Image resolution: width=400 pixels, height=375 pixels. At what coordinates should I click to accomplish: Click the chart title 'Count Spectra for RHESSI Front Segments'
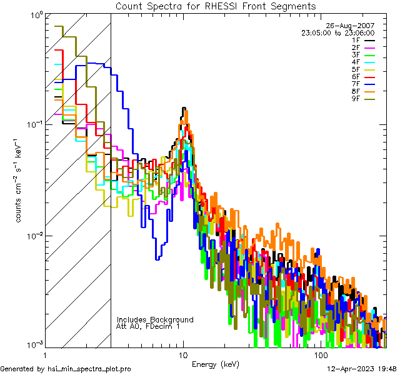(x=216, y=6)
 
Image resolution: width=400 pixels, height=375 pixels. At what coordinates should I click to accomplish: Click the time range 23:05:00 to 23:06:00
(x=337, y=32)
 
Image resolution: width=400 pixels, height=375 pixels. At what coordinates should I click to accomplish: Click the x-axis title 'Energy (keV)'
(x=215, y=364)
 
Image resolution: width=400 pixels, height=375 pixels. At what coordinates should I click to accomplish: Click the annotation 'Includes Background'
(x=155, y=319)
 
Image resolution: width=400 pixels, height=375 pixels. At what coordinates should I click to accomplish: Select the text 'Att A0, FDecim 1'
(x=147, y=326)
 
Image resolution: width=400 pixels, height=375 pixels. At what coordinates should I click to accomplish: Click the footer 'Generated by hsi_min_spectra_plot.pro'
(x=66, y=369)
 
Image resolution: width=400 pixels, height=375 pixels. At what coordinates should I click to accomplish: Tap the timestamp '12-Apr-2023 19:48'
(x=362, y=369)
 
